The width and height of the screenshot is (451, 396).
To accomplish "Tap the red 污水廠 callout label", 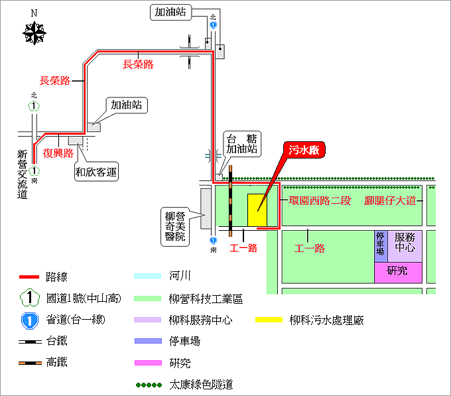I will [x=304, y=151].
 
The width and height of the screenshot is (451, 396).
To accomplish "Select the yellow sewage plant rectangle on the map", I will [x=256, y=210].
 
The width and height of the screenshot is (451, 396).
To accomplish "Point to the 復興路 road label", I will [x=58, y=152].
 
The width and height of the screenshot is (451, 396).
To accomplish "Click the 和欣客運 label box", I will [x=96, y=173].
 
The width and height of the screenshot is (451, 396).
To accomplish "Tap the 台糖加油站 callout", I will [x=241, y=145].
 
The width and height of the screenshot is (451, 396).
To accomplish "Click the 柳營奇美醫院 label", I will [x=176, y=226].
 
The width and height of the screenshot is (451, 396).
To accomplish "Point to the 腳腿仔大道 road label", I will [x=390, y=200].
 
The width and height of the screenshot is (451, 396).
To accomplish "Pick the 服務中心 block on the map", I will [x=405, y=246].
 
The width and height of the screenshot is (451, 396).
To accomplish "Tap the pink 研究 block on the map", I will [x=397, y=271].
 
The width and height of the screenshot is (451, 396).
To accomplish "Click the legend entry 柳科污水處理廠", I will [x=326, y=320].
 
